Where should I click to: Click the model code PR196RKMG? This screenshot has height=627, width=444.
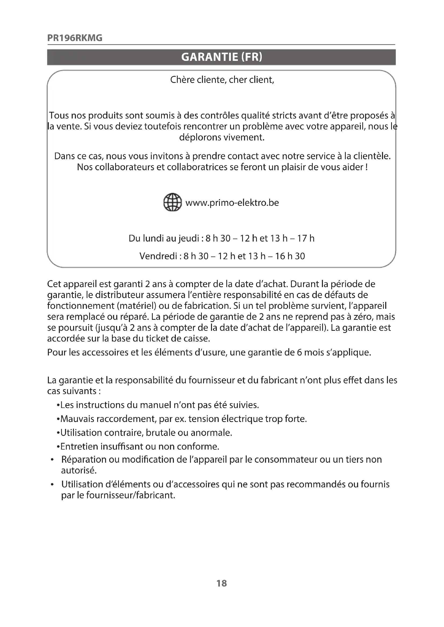(75, 38)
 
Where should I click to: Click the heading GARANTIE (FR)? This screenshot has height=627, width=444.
(221, 57)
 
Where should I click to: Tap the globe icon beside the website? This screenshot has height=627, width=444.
(173, 202)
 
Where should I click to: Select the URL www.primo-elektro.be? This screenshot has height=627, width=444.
(232, 203)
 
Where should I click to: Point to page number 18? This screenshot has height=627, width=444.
(221, 583)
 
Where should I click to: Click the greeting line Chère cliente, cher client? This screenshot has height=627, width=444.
(222, 80)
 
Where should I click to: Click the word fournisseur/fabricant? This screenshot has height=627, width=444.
(130, 495)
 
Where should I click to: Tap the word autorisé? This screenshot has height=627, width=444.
(79, 470)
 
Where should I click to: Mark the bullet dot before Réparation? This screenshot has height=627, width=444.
(52, 460)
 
